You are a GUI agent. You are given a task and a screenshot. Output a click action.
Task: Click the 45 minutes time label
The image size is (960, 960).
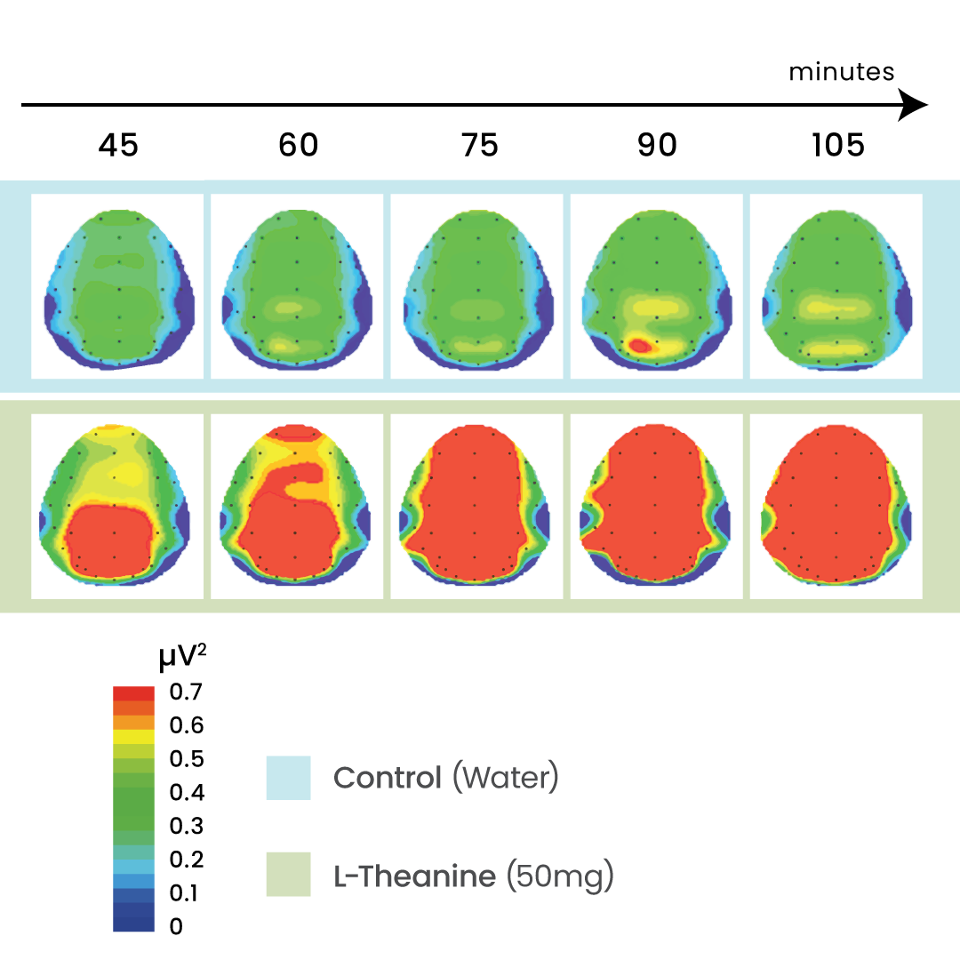[118, 145]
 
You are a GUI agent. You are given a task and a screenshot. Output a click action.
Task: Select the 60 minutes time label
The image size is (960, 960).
[298, 145]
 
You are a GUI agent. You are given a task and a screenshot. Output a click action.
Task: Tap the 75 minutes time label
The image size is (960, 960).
[479, 145]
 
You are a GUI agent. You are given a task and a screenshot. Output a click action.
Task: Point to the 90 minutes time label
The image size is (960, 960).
[657, 145]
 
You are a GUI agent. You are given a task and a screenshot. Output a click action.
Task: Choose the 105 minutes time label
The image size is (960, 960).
[837, 145]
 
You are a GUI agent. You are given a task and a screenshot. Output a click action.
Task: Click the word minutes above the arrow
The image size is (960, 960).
[841, 72]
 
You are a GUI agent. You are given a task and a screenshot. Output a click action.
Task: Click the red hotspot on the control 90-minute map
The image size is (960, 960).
[636, 344]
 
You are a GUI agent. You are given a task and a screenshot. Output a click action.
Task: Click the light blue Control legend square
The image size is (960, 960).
[288, 778]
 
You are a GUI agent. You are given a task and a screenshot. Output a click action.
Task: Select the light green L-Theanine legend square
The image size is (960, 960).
[288, 874]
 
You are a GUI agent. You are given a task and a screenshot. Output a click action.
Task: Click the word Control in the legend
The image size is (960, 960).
[387, 778]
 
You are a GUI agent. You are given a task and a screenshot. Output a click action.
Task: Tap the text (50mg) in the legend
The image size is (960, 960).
[559, 876]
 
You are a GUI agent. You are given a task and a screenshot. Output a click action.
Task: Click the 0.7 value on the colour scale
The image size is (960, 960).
[186, 692]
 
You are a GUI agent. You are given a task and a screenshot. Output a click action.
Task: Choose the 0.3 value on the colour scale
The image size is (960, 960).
[186, 826]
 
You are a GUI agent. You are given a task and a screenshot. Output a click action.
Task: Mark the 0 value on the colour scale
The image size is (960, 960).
[176, 926]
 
